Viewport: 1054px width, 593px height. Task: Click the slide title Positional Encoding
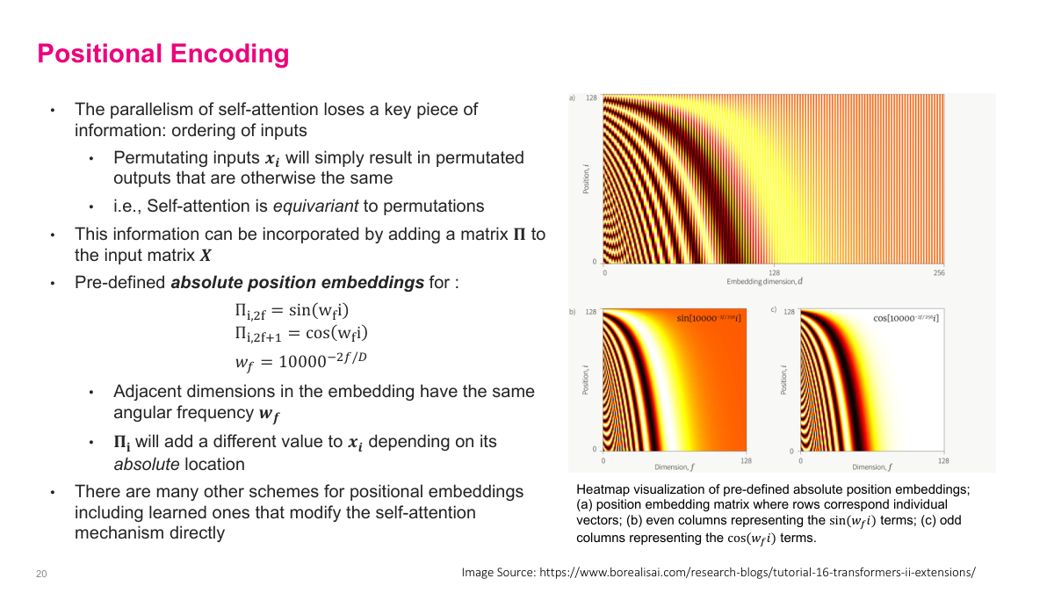click(162, 54)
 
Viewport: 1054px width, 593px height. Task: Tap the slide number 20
click(41, 574)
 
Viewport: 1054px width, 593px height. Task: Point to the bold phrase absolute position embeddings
click(297, 283)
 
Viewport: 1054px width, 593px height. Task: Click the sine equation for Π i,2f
click(298, 311)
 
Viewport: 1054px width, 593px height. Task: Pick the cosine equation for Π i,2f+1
click(300, 334)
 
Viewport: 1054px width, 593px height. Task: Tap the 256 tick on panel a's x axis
click(939, 273)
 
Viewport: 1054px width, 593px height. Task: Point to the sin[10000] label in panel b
click(709, 317)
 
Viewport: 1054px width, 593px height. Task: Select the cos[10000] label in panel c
click(906, 317)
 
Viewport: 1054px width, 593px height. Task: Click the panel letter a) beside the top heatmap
click(573, 98)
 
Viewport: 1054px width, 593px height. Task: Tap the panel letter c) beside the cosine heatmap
click(773, 311)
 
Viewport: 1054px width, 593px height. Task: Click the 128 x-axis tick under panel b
click(746, 460)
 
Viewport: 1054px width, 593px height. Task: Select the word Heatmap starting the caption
click(601, 489)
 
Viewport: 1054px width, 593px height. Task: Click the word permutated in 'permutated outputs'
click(153, 178)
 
